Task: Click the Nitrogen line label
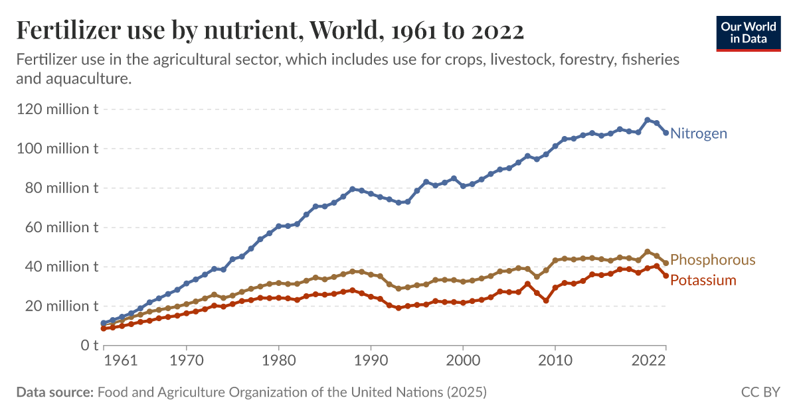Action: (x=699, y=133)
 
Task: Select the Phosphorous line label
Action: (x=713, y=259)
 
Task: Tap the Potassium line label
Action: (x=703, y=280)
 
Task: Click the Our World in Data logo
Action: (x=748, y=33)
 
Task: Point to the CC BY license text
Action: (x=760, y=392)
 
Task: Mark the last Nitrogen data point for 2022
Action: (x=665, y=133)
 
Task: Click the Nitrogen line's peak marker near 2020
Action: (x=647, y=120)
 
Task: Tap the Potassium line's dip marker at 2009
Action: (x=546, y=301)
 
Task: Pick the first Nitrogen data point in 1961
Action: (x=103, y=323)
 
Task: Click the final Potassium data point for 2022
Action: (x=665, y=275)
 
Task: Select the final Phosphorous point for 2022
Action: (x=665, y=263)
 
